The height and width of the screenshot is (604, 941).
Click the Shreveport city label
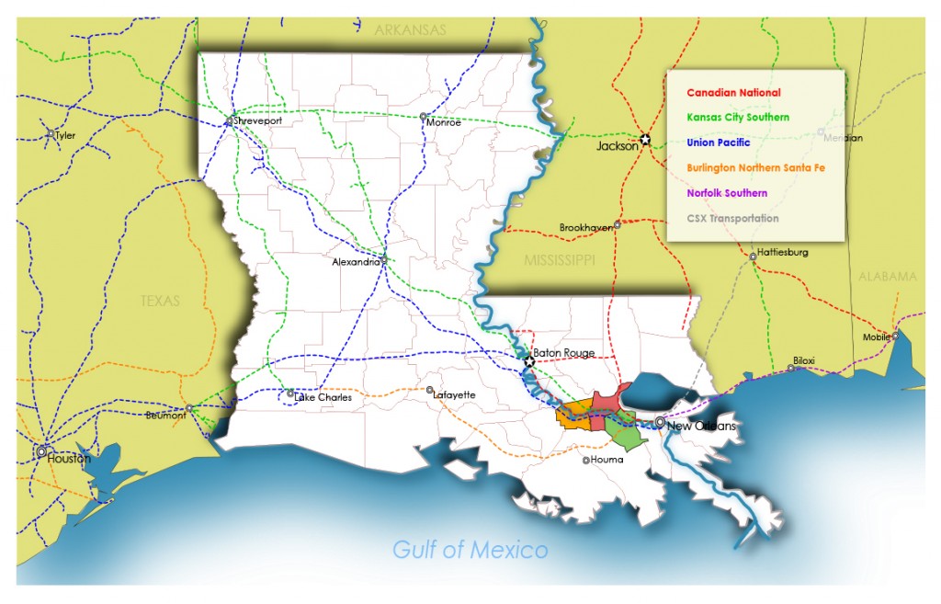[258, 120]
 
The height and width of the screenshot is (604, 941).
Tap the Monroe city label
[444, 122]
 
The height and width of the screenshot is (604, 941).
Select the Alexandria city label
[357, 262]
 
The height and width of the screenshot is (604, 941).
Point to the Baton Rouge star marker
[529, 362]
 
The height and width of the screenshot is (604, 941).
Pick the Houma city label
[607, 460]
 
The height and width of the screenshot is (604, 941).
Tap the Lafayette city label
[454, 394]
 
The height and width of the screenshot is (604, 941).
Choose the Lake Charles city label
[323, 398]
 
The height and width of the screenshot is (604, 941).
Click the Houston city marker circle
[41, 452]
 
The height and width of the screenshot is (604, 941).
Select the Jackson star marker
[645, 140]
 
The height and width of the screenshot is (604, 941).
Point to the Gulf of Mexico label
[470, 550]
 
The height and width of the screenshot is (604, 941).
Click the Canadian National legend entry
[733, 93]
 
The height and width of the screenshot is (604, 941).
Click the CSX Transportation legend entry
[732, 218]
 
